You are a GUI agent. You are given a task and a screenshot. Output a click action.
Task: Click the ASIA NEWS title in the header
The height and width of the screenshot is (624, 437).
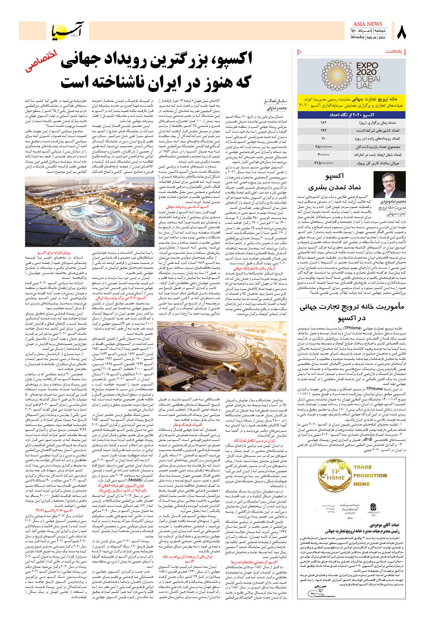368,24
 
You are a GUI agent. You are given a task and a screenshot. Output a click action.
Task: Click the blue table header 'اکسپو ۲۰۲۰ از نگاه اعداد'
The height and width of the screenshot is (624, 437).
351,114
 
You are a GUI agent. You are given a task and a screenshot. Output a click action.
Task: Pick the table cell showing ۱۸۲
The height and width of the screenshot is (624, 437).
324,122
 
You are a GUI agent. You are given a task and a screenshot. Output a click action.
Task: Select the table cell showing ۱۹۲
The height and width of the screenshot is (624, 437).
324,130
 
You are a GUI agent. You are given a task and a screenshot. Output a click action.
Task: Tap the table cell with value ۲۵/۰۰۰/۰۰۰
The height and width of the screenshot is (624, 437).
324,147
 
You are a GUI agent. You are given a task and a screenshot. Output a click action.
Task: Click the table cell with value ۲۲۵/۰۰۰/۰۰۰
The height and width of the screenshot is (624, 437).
324,163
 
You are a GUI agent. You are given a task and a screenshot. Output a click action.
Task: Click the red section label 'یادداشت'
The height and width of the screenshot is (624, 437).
394,52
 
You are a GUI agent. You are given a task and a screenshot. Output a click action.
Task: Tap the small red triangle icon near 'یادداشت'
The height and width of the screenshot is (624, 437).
300,52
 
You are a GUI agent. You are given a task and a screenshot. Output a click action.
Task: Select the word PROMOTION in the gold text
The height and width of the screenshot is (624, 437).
370,476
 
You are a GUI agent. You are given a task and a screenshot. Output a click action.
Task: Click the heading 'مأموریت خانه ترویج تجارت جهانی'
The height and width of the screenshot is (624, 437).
351,307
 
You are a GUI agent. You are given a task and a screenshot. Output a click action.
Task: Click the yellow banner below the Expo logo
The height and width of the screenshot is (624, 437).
351,102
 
